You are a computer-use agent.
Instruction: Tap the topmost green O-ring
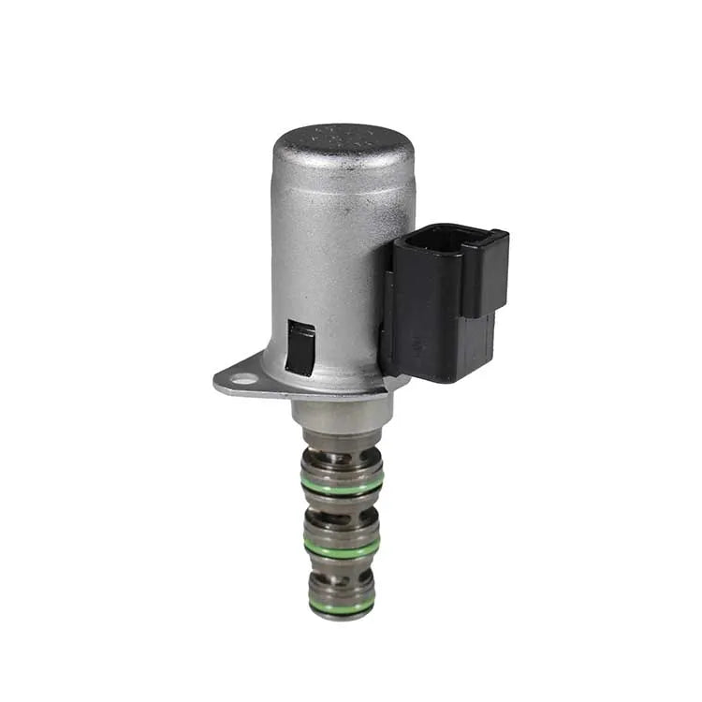tap(342, 485)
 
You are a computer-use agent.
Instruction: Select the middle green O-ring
tap(342, 548)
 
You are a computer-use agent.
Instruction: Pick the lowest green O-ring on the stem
tap(342, 607)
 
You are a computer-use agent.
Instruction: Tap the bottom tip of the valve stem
tap(342, 617)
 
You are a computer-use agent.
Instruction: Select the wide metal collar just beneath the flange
tap(342, 412)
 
